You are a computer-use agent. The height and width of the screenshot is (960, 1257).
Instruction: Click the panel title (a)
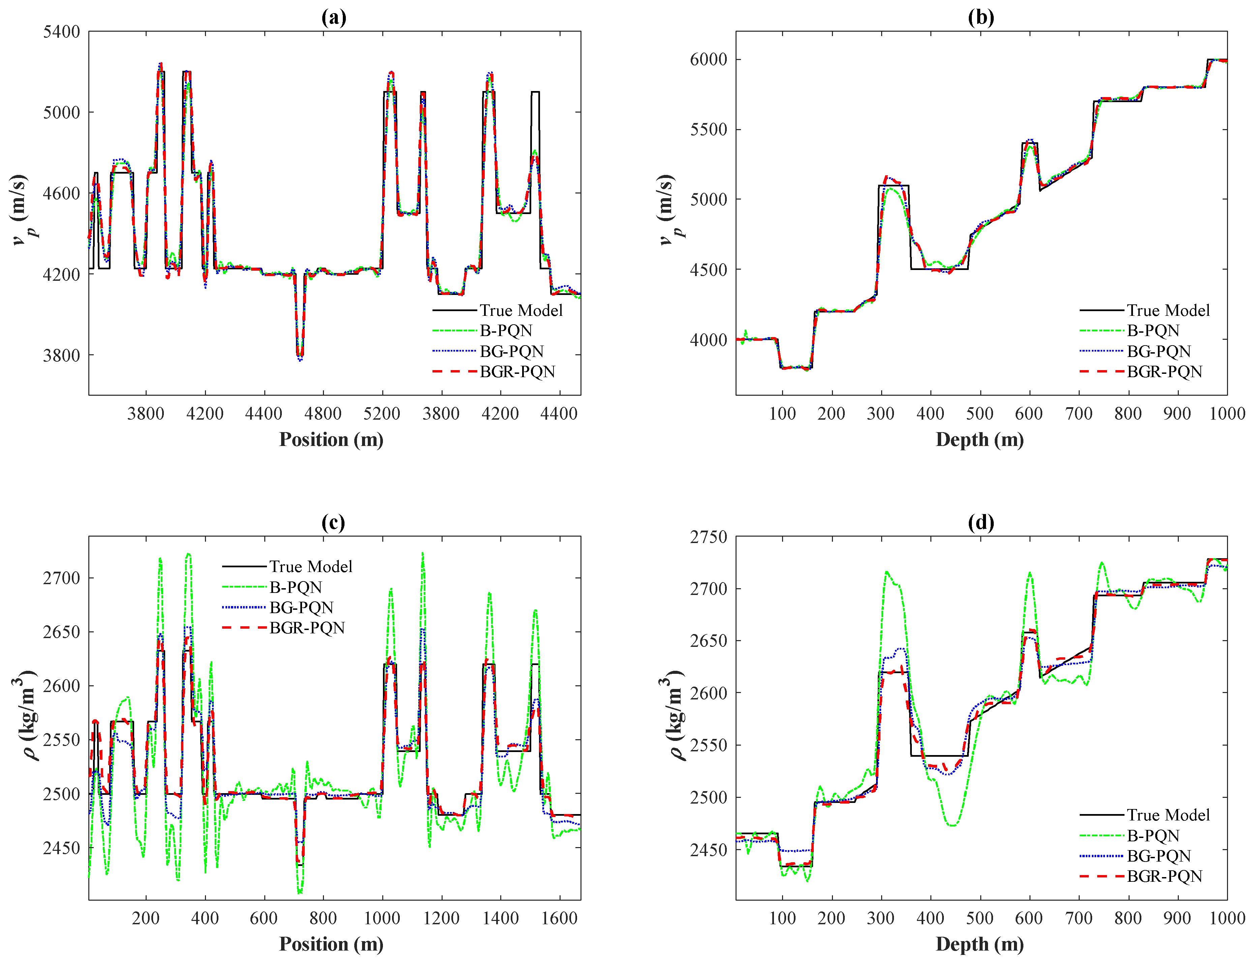point(334,18)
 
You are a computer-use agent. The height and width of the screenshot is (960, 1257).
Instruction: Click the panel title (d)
point(981,522)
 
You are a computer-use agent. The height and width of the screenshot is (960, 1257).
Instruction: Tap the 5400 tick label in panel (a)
point(62,32)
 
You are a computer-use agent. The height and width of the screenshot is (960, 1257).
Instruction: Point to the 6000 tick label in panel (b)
point(709,59)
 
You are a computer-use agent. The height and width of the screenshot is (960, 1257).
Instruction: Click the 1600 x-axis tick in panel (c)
point(559,918)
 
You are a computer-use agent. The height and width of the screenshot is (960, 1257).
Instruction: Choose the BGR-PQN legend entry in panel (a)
point(517,371)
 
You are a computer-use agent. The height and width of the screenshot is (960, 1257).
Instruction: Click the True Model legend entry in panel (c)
point(311,566)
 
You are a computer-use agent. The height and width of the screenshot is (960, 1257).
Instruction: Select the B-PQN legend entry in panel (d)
point(1153,835)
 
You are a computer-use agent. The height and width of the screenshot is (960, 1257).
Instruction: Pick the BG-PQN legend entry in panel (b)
point(1159,351)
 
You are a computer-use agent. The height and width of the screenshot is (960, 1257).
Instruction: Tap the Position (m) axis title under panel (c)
point(331,944)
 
